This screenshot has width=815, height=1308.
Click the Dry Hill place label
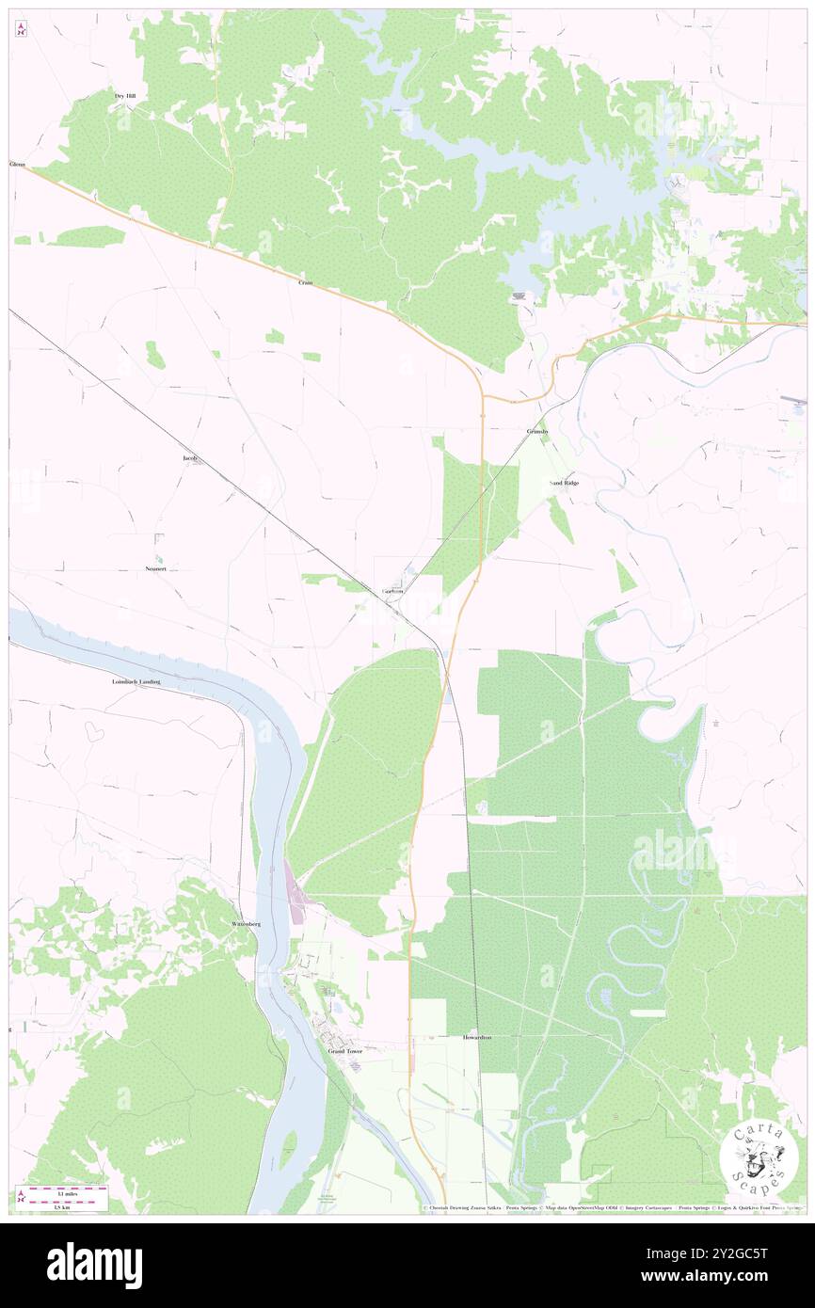(125, 95)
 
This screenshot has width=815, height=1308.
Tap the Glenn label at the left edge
(16, 165)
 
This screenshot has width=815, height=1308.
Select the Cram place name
(305, 281)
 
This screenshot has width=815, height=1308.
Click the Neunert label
(156, 568)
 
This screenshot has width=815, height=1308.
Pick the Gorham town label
(393, 591)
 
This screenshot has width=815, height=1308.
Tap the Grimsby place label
(537, 431)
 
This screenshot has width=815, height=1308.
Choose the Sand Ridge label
(564, 483)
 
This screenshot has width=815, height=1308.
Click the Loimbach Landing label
(136, 680)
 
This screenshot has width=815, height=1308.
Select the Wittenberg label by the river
(246, 924)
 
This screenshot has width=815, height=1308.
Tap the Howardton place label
(477, 1037)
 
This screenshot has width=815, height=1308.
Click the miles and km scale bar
(62, 1196)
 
